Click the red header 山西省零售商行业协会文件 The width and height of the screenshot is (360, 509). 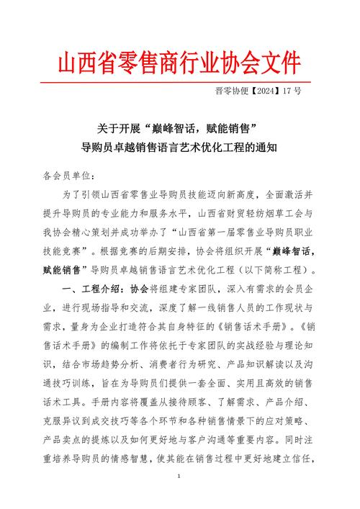180,60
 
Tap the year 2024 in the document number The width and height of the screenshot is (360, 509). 266,92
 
